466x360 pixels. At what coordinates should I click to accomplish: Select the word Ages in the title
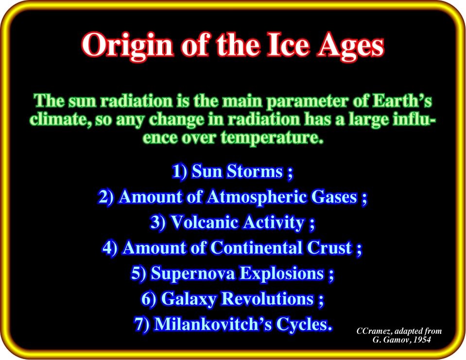[351, 47]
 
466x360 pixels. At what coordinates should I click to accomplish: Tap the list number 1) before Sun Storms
[179, 171]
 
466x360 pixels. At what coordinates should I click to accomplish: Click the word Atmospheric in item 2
[257, 197]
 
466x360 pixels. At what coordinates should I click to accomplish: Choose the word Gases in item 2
[334, 197]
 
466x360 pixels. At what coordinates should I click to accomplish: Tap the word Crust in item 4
[329, 248]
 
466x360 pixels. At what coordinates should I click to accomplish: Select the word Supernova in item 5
[192, 273]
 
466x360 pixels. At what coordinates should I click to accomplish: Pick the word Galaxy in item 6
[189, 299]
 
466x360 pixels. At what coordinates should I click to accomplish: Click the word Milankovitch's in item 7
[213, 324]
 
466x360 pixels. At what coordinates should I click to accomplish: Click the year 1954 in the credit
[422, 340]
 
